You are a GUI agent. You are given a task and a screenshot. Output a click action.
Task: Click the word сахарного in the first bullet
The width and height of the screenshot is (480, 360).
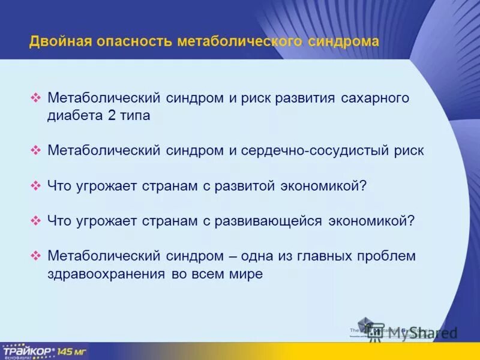[376, 97]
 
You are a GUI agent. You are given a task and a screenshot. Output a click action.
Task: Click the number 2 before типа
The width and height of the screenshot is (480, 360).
[112, 116]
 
